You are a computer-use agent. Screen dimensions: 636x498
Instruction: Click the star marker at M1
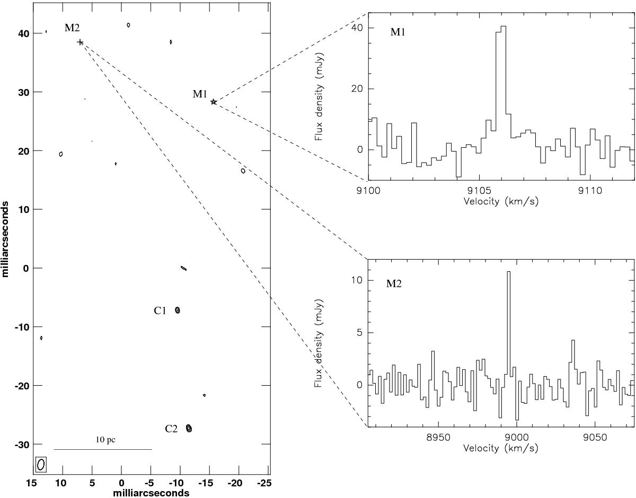(x=214, y=102)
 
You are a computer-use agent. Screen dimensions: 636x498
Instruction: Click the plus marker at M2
(x=80, y=42)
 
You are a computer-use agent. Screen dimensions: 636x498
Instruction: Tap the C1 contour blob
(x=178, y=310)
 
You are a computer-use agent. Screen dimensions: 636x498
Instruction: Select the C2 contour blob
(x=189, y=429)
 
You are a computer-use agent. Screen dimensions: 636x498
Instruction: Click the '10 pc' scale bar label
(x=105, y=440)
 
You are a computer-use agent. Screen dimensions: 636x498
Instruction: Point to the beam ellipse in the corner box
(x=41, y=464)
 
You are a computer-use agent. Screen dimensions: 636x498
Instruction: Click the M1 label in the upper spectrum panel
(x=397, y=32)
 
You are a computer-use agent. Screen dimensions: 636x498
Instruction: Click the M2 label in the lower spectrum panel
(x=394, y=283)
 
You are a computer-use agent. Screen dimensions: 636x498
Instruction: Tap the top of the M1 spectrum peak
(x=503, y=26)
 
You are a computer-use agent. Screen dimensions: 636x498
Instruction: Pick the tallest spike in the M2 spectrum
(x=509, y=272)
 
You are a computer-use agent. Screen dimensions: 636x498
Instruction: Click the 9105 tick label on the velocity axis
(x=479, y=191)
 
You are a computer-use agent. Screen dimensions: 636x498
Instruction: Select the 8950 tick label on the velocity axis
(x=438, y=438)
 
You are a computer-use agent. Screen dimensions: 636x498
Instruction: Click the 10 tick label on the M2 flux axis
(x=357, y=280)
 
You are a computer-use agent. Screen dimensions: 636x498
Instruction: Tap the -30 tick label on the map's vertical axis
(x=21, y=445)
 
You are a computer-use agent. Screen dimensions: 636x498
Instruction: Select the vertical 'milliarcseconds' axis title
(x=5, y=239)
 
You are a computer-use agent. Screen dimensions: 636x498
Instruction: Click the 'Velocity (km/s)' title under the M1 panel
(x=501, y=201)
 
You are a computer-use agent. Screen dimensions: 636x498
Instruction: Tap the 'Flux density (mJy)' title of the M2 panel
(x=318, y=343)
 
